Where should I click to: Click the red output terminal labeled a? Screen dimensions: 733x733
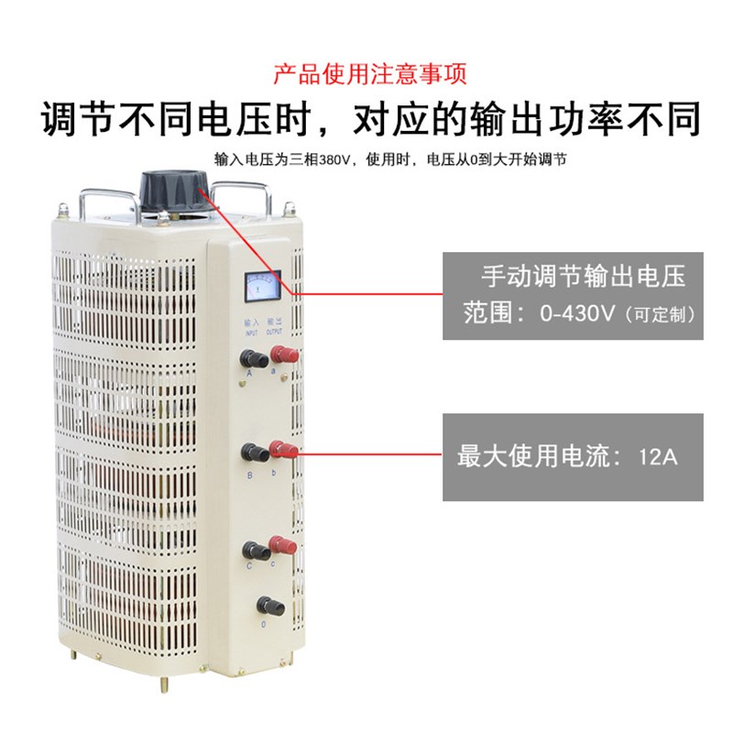coord(278,356)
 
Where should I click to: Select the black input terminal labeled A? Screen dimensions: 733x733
coord(248,357)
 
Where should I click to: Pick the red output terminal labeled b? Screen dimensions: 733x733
coord(281,449)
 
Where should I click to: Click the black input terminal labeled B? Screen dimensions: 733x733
coord(251,451)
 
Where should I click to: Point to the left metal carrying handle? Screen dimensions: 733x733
coord(108,194)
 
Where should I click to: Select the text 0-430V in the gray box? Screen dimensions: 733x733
coord(579,313)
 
